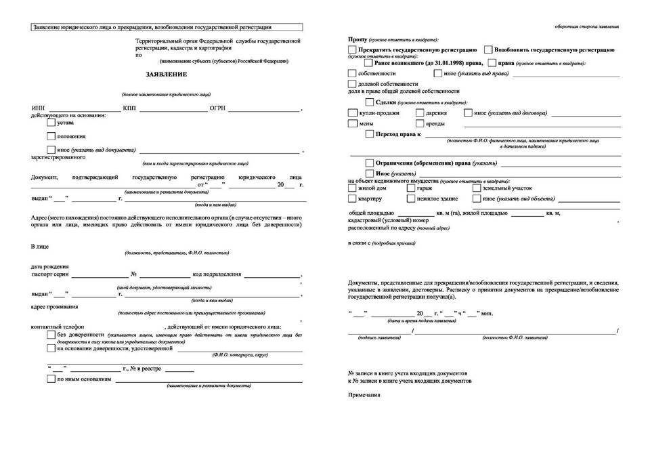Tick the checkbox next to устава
click(x=51, y=123)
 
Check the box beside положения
click(x=51, y=136)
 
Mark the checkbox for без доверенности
click(x=51, y=335)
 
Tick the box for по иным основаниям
click(x=51, y=379)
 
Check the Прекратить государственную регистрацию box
click(x=351, y=50)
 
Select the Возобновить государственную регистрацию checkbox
click(x=488, y=50)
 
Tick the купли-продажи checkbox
click(x=351, y=112)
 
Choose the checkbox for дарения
click(x=420, y=112)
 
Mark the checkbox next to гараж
click(x=411, y=188)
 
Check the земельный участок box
click(x=477, y=188)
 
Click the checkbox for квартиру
click(x=351, y=199)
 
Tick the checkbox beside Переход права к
click(x=369, y=135)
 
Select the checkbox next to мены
click(x=351, y=124)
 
